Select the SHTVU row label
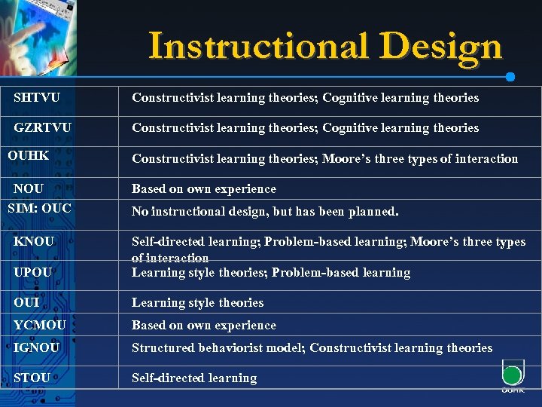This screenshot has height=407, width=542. (37, 97)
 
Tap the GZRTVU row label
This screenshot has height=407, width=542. (42, 127)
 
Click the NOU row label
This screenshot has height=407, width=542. (29, 188)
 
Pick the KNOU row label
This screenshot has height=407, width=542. (34, 242)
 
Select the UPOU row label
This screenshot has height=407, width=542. (33, 271)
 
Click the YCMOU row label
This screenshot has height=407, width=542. (39, 325)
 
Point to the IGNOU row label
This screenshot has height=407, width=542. (37, 347)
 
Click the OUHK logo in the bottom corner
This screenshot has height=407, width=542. (513, 376)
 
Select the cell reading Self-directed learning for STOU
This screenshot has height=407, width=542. (194, 378)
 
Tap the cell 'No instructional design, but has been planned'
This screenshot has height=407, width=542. (265, 212)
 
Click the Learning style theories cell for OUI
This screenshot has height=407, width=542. (197, 302)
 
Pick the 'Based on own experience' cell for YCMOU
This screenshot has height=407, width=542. (203, 325)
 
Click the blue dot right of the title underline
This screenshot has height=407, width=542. (510, 77)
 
